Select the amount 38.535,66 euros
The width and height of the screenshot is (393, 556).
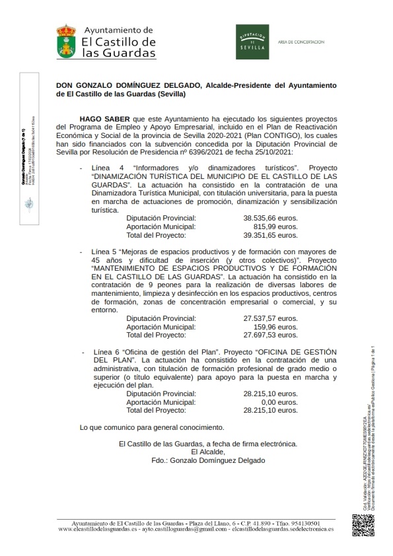(270, 217)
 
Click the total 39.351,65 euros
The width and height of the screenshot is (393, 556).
(270, 234)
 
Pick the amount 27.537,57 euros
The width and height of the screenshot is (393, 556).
(270, 318)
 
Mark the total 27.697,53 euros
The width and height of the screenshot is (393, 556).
(270, 335)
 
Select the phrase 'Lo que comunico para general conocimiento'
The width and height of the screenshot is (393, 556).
(151, 427)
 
